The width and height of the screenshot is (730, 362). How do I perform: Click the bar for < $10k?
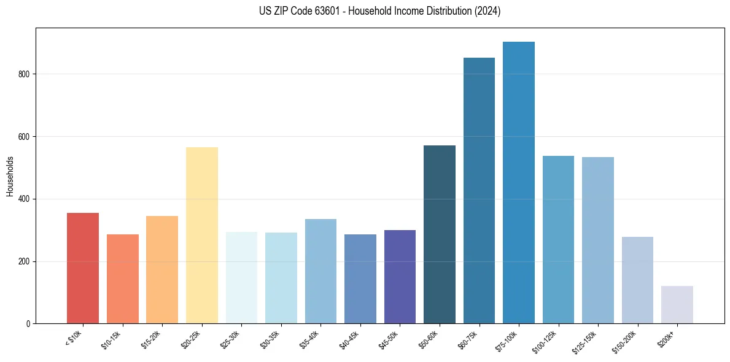[x=82, y=268]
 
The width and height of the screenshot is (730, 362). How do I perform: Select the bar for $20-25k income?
[x=201, y=235]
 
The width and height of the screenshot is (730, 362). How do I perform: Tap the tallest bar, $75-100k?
[x=519, y=183]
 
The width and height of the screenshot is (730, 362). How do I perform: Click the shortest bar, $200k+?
[x=677, y=304]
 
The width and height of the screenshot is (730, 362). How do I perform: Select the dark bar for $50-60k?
[x=440, y=234]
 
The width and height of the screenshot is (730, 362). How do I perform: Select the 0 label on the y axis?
[x=28, y=324]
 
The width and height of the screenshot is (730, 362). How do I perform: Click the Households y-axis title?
[x=10, y=176]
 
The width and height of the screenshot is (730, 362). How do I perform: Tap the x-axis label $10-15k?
[x=112, y=339]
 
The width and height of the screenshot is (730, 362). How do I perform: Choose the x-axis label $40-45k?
[x=349, y=339]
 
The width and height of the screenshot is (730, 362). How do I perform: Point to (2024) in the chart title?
[x=487, y=11]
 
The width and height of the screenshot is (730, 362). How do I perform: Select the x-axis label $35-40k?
[x=310, y=339]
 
